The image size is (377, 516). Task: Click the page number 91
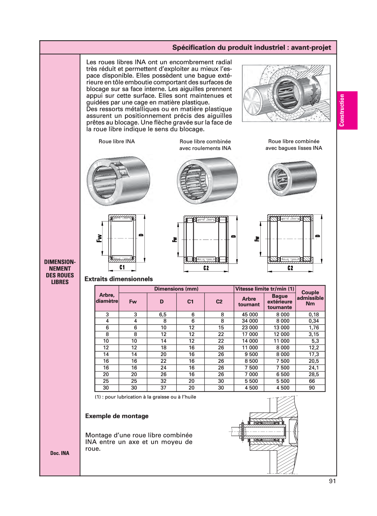coord(332,481)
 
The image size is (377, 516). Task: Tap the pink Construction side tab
coord(347,110)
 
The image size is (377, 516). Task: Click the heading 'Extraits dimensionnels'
coord(119,279)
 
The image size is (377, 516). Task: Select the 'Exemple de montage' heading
coord(117,416)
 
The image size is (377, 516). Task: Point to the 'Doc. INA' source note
coord(60,453)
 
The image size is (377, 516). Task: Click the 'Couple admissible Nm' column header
coord(310,298)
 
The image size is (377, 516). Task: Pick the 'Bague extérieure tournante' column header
coord(279,301)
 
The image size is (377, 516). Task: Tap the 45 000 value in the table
coord(250,314)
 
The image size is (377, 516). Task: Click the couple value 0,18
coord(314,314)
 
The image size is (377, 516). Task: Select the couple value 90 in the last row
coord(312,388)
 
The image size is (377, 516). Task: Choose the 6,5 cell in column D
coord(163,314)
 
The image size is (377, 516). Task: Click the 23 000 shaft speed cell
coord(250,328)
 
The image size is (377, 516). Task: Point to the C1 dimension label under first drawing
coord(122,268)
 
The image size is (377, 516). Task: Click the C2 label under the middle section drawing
coord(206,268)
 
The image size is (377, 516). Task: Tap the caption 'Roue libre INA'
coord(117,141)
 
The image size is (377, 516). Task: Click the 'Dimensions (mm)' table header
coord(176,289)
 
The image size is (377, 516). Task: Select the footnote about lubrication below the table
coord(145,397)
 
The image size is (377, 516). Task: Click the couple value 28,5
coord(314,375)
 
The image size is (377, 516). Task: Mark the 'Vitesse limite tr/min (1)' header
coord(265,289)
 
